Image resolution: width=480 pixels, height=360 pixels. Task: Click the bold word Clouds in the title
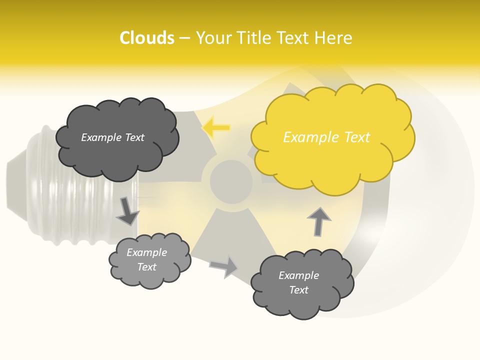[147, 38]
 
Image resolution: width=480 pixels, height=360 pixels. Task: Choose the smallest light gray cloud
[148, 260]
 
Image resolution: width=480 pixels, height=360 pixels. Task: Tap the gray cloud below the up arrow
[301, 283]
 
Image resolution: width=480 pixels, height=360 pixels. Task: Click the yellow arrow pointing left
[216, 128]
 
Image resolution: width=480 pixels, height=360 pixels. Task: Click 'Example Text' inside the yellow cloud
[326, 137]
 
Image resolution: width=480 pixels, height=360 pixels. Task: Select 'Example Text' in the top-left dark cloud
[113, 137]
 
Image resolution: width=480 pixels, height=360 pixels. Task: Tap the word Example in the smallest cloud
[147, 253]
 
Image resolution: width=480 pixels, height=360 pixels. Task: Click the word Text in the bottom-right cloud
[299, 290]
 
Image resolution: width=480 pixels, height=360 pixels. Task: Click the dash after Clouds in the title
[184, 38]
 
